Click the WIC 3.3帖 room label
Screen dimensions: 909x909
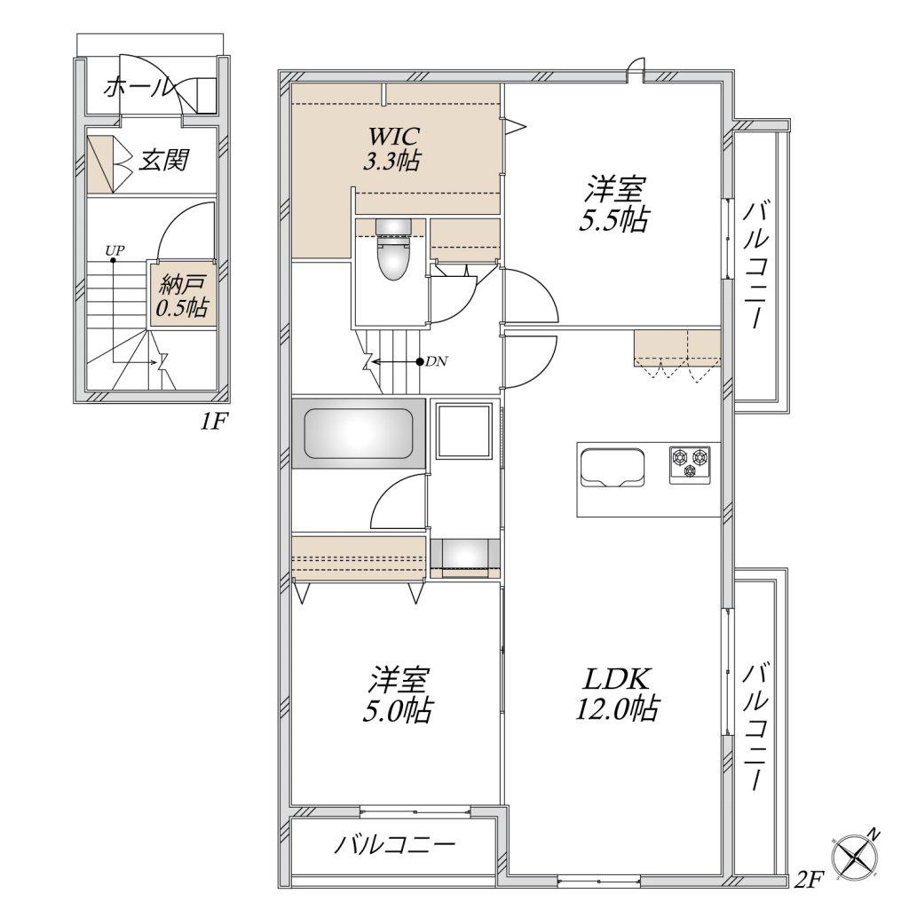point(392,148)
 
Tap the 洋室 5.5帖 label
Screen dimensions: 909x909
point(614,203)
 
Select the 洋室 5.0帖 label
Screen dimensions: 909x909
point(398,693)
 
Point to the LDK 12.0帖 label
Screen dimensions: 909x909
point(617,693)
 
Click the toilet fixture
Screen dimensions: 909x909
point(393,249)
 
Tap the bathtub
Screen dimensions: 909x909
point(359,433)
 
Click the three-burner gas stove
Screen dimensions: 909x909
point(691,464)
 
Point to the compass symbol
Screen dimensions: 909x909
point(855,855)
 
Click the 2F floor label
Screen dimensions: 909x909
point(808,881)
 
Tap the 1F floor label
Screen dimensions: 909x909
point(211,423)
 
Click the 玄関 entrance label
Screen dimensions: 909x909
point(163,160)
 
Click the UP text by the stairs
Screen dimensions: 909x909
point(115,250)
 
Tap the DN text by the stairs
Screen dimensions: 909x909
point(437,362)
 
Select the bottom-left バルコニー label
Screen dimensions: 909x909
point(394,844)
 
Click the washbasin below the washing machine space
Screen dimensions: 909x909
point(465,557)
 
